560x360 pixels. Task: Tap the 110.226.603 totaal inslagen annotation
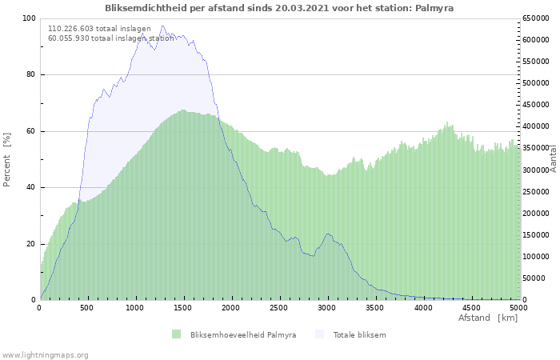click(x=99, y=28)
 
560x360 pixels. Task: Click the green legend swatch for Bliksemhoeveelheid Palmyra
click(x=176, y=334)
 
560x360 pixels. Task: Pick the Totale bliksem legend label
click(x=359, y=334)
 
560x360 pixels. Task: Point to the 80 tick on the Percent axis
click(x=30, y=75)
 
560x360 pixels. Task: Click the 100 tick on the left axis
click(x=28, y=18)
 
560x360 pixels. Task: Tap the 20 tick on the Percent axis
click(x=30, y=244)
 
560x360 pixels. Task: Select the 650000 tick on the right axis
click(x=535, y=18)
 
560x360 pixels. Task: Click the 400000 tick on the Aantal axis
click(x=535, y=126)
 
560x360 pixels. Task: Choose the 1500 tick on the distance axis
click(x=183, y=307)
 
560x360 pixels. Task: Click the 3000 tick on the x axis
click(x=327, y=307)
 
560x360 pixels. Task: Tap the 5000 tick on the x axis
click(x=518, y=307)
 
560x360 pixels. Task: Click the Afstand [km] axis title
click(x=487, y=318)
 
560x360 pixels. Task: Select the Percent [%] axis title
click(x=7, y=159)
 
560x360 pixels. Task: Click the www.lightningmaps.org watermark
click(x=45, y=354)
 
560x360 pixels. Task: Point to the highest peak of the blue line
click(x=162, y=26)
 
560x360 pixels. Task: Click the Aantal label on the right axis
click(x=554, y=159)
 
